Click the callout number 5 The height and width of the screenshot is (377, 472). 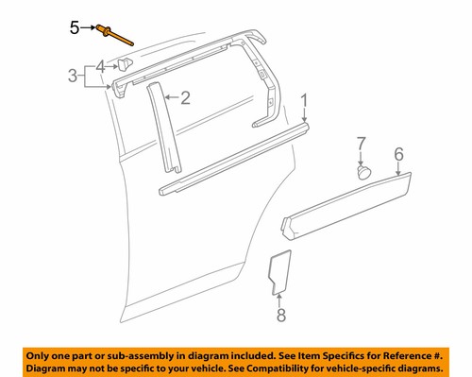(76, 29)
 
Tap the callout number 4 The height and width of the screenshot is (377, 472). (101, 66)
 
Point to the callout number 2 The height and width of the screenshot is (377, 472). (186, 96)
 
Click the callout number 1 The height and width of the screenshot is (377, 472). (305, 101)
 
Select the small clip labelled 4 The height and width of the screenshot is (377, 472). (125, 63)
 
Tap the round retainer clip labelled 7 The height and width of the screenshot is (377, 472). (362, 173)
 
